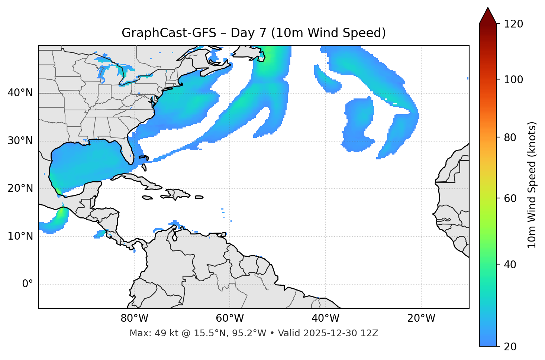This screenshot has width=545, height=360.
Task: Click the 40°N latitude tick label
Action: click(x=20, y=93)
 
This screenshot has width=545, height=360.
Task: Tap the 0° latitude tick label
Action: click(x=28, y=284)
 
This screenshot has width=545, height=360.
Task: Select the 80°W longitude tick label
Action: click(x=134, y=318)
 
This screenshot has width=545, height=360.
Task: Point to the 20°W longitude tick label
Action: click(x=421, y=318)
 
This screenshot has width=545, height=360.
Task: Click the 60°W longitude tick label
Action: click(x=230, y=318)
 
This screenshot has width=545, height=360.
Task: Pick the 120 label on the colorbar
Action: click(x=513, y=24)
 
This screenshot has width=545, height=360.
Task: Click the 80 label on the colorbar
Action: click(x=510, y=137)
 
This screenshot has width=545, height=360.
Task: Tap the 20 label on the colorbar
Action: click(x=510, y=347)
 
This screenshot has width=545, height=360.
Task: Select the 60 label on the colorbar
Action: click(x=510, y=198)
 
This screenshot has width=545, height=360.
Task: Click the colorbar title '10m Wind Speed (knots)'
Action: click(x=532, y=185)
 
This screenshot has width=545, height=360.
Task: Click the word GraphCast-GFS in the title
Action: click(x=169, y=33)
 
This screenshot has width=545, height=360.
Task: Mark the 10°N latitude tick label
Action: click(x=20, y=237)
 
